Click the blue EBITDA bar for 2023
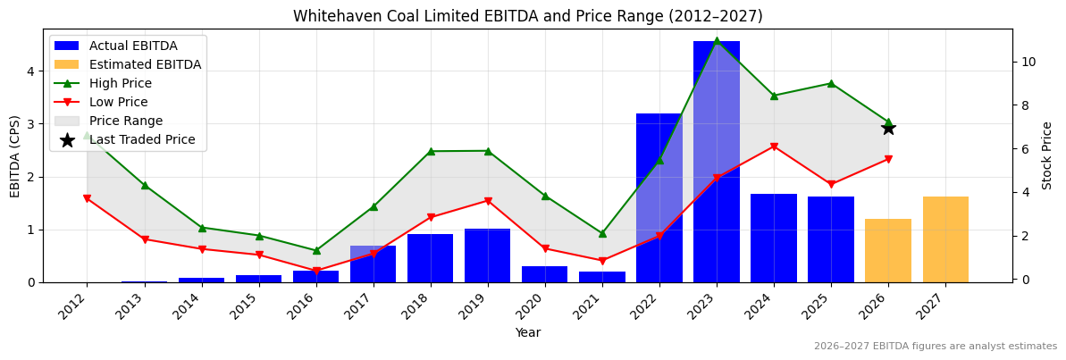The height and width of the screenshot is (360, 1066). coord(716,162)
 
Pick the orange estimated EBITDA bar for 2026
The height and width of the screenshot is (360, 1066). coord(888,250)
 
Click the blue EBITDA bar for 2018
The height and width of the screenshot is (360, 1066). coord(430,258)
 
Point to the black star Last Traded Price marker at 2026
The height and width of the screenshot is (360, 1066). coord(888,128)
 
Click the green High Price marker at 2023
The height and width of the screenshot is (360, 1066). coord(716,41)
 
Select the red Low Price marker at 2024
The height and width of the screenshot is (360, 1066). coord(774,147)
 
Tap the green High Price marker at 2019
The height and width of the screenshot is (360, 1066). coord(487,151)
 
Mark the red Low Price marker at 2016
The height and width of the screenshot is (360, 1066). coord(315,271)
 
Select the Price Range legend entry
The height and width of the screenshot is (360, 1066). coord(130,121)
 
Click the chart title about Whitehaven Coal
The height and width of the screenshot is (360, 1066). coord(527,16)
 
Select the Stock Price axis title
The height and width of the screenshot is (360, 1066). coord(1047,155)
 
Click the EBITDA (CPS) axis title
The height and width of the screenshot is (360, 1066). coord(15,155)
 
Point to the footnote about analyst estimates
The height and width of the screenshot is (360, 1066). coord(935,347)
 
